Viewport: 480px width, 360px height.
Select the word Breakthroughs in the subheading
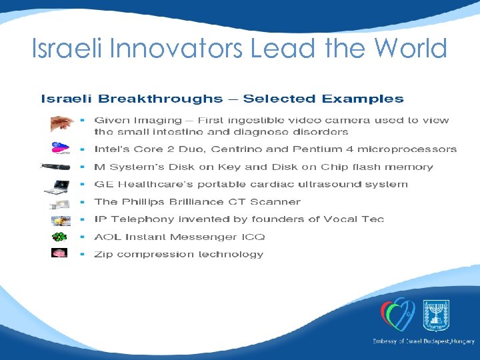(161, 99)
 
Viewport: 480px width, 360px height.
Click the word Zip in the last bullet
(103, 254)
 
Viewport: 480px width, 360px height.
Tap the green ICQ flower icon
(60, 237)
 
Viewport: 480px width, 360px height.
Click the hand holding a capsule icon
(62, 123)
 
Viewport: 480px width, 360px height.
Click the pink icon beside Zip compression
(60, 253)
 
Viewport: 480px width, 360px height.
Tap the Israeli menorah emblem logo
(437, 313)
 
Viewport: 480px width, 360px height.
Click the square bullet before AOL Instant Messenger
(82, 237)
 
